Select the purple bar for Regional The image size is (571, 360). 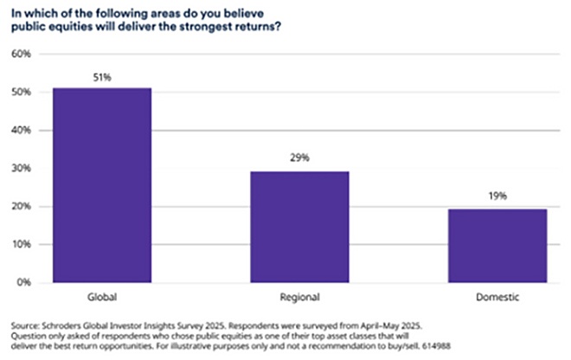click(x=299, y=226)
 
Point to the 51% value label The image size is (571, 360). click(x=102, y=78)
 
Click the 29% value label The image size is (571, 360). click(x=299, y=159)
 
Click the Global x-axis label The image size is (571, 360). click(x=102, y=296)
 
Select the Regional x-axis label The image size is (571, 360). click(x=299, y=296)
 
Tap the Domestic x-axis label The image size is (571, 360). click(x=497, y=296)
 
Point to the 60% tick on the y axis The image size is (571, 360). click(x=20, y=55)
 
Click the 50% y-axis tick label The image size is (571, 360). click(x=20, y=93)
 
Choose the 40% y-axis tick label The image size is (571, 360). click(x=20, y=131)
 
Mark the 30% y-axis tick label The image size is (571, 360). click(x=20, y=169)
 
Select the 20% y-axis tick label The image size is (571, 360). click(x=20, y=207)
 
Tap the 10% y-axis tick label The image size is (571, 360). click(x=20, y=245)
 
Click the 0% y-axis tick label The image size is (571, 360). click(x=22, y=283)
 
